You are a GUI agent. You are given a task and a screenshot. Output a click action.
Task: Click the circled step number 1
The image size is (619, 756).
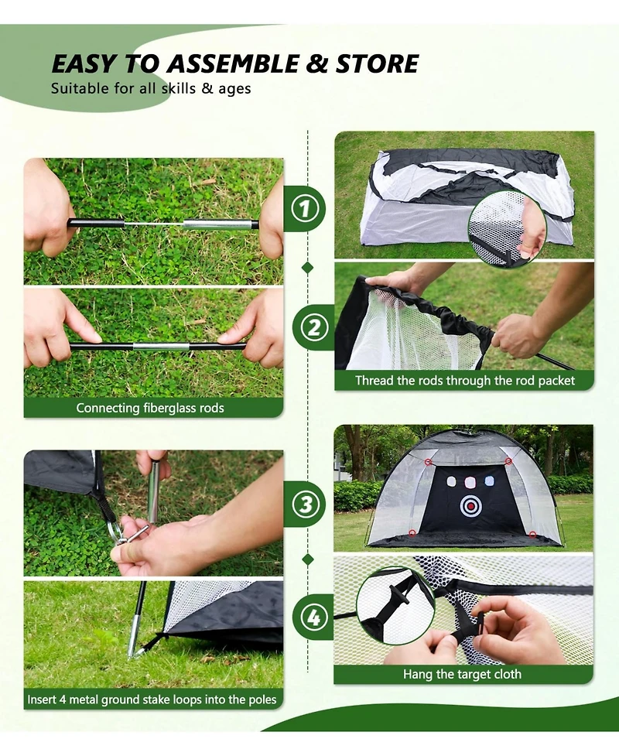tap(305, 209)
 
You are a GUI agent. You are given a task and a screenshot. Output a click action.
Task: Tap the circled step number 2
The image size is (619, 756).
tap(314, 327)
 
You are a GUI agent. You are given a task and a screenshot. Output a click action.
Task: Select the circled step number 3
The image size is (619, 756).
tap(306, 505)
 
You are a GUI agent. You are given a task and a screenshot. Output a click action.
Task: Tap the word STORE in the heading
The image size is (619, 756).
tap(377, 64)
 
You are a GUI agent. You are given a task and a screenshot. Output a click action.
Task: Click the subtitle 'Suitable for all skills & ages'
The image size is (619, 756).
tap(151, 89)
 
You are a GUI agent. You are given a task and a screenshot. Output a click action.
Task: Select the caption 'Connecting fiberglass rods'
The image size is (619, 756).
tap(150, 408)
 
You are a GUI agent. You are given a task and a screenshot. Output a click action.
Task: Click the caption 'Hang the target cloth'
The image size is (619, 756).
tap(463, 673)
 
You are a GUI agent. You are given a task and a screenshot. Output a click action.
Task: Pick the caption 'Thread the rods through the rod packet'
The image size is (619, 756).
tap(465, 381)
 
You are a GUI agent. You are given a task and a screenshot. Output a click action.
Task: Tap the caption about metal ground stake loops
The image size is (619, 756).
tap(152, 699)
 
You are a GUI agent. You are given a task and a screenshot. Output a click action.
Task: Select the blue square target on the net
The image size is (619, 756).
tap(488, 481)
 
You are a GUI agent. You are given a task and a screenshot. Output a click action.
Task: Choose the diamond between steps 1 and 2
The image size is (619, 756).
tap(308, 268)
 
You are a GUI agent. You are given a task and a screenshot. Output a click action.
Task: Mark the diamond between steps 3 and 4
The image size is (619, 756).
tap(308, 559)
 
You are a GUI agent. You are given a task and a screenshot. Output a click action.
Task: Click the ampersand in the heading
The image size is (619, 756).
tap(316, 64)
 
